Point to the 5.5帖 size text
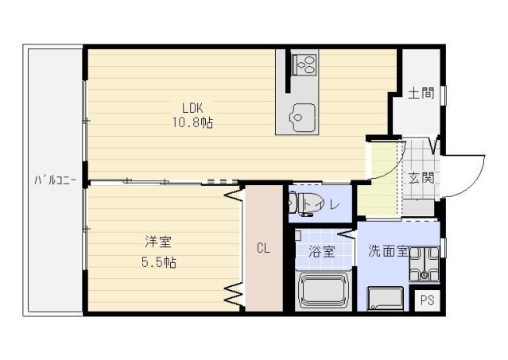pos(159,261)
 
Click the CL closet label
pos(262,248)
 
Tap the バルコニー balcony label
pos(54,180)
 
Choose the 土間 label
pos(421,93)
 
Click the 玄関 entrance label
pos(421,178)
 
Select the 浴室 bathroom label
pos(321,251)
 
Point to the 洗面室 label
pos(387,251)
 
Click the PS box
pos(428,300)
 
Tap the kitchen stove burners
pos(303,62)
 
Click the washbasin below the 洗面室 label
pos(386,298)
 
